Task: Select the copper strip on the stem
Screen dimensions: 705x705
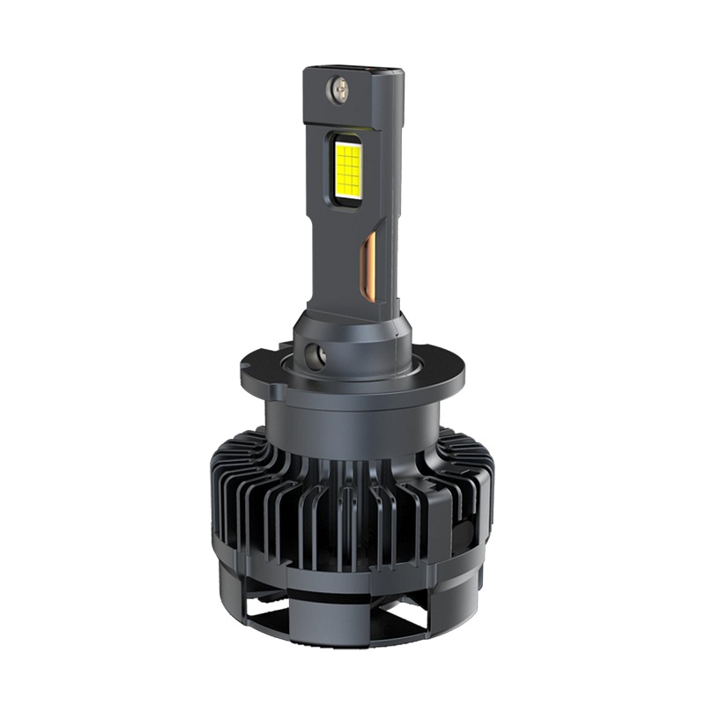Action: coord(371,264)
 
